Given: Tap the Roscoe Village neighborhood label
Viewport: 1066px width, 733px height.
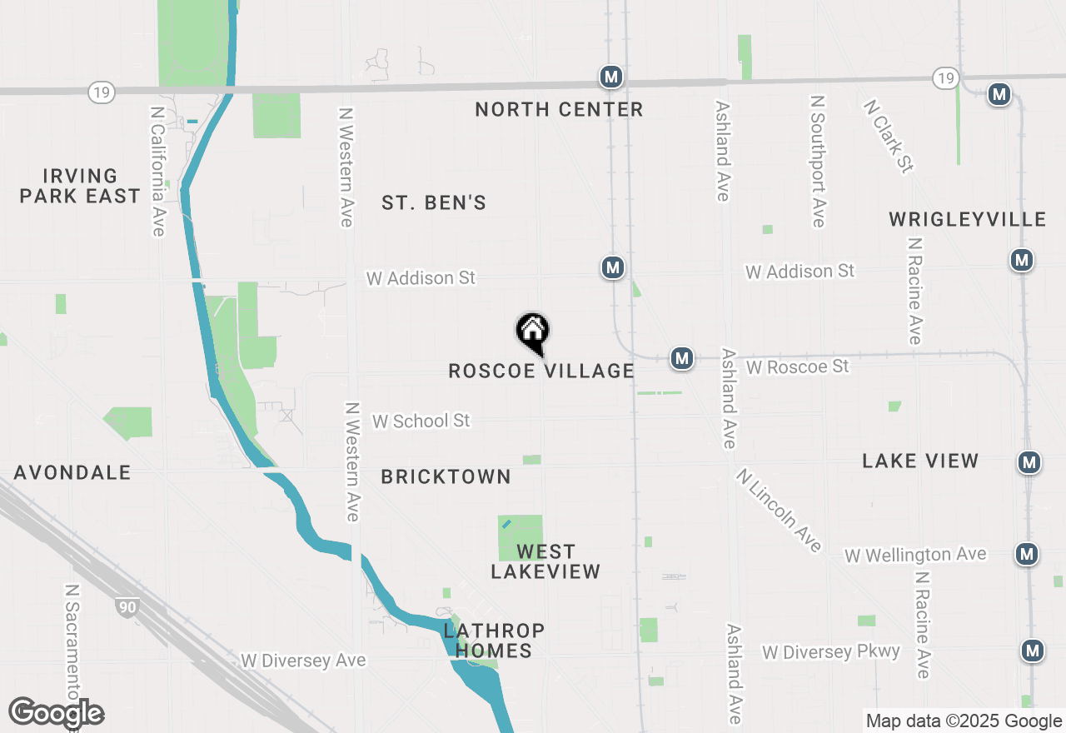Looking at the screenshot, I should pyautogui.click(x=541, y=371).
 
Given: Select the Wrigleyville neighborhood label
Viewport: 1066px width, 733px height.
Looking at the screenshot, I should pyautogui.click(x=967, y=219).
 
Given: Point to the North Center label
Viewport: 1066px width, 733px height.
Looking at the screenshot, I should pyautogui.click(x=559, y=109).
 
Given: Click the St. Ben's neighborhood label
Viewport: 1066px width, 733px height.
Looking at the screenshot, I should pyautogui.click(x=434, y=202).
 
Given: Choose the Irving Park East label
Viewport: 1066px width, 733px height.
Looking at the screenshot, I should pyautogui.click(x=80, y=186).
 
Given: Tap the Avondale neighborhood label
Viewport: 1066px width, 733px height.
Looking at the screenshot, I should pyautogui.click(x=72, y=472).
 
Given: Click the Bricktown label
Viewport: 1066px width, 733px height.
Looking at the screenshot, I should pyautogui.click(x=446, y=476).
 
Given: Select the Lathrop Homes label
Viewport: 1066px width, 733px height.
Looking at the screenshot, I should pyautogui.click(x=494, y=640).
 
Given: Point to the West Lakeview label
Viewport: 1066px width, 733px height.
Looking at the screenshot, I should pyautogui.click(x=545, y=561).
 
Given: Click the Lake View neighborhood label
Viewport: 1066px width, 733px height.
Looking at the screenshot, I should pyautogui.click(x=920, y=461).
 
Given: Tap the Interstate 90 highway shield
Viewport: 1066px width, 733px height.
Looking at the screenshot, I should pyautogui.click(x=127, y=607).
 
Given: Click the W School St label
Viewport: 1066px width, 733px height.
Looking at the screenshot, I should pyautogui.click(x=421, y=421).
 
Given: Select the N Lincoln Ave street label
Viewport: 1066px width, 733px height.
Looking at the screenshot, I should pyautogui.click(x=779, y=510).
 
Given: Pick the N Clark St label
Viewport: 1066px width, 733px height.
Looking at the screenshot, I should pyautogui.click(x=889, y=137).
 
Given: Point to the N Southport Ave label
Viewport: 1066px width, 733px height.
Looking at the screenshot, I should pyautogui.click(x=819, y=161).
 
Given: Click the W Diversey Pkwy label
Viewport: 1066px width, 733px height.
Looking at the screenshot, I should pyautogui.click(x=831, y=651).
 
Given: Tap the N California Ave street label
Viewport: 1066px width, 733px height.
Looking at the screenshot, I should pyautogui.click(x=158, y=171).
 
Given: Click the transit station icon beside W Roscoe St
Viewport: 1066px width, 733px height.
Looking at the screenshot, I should pyautogui.click(x=682, y=358).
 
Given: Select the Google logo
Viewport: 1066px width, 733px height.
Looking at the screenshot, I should pyautogui.click(x=56, y=713).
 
